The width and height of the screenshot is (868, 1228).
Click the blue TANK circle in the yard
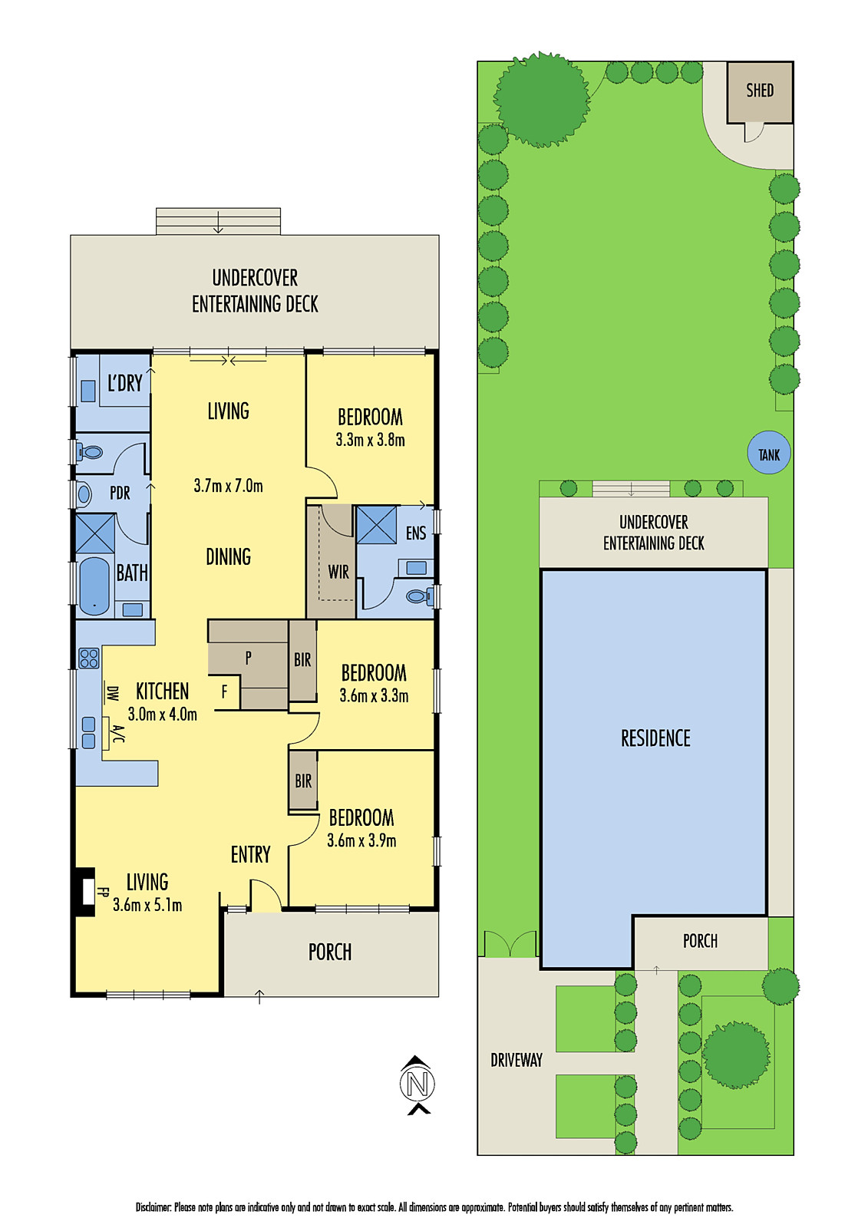coord(768,452)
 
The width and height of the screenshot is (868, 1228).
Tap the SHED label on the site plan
coord(760,90)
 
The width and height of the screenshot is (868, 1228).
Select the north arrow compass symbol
coord(417,1084)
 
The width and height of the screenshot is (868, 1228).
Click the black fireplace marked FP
coord(85,892)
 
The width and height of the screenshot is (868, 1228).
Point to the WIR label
coord(338,573)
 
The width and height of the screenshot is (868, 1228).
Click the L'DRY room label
coord(125,383)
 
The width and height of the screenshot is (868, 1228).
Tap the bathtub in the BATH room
coord(94,586)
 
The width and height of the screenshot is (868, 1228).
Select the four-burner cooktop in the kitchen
coord(89,658)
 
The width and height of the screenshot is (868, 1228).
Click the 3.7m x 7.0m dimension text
coord(228,486)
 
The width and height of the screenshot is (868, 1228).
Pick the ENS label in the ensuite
coord(416,533)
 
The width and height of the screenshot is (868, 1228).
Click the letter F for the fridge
coord(224,692)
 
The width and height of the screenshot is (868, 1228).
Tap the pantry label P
coord(249,658)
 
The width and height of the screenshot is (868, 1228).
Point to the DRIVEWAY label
coord(517,1060)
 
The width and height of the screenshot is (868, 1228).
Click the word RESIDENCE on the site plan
coord(655,738)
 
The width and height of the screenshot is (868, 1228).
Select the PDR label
coord(120,493)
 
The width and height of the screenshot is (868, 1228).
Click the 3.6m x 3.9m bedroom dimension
coord(361,840)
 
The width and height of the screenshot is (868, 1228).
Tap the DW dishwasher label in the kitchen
coord(112,694)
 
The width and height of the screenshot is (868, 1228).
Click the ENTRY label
coord(251,855)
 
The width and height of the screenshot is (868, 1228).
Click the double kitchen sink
coord(88,732)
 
